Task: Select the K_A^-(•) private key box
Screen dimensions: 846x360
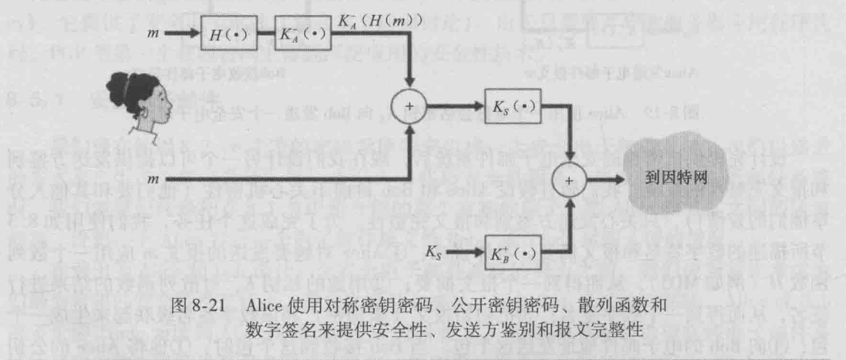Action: [x=302, y=34]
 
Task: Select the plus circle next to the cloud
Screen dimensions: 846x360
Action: [x=571, y=181]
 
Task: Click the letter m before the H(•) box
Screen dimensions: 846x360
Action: [x=152, y=33]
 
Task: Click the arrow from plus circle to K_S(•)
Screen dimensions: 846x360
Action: [x=455, y=108]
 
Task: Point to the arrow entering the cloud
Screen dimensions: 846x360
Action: [x=609, y=180]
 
